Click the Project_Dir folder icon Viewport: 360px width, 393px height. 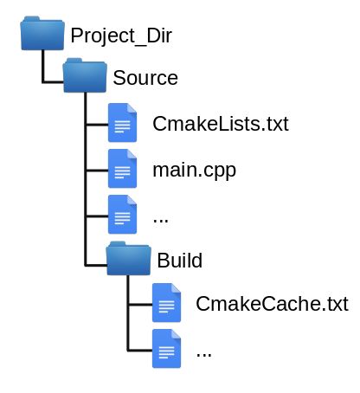(42, 33)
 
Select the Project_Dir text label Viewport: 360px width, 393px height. (121, 35)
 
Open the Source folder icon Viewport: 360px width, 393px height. (85, 75)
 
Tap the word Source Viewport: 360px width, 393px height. (145, 78)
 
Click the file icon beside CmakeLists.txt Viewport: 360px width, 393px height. (122, 123)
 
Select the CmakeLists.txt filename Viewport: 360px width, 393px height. (221, 124)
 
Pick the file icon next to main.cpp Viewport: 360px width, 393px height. (122, 169)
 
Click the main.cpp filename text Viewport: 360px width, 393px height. (195, 171)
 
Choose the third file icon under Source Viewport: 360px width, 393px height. (122, 215)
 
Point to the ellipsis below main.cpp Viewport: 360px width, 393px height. (161, 221)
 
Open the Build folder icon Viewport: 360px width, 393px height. (128, 258)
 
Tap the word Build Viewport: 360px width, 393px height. (179, 261)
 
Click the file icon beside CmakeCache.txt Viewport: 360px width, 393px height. (166, 303)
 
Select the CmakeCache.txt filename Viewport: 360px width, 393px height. (272, 304)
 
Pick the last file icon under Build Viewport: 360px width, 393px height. (166, 349)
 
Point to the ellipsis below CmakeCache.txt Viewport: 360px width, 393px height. (204, 355)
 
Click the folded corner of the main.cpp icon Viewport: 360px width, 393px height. (132, 154)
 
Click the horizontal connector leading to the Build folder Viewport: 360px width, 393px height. (96, 265)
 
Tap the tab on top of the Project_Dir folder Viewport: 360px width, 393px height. (31, 19)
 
